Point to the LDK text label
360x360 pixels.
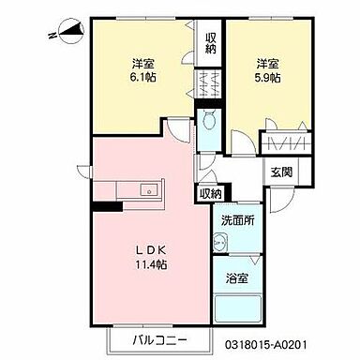144,251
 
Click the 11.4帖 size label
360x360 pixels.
144,266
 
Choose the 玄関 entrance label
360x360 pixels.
280,172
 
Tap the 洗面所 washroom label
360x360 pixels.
238,220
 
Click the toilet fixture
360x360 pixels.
207,120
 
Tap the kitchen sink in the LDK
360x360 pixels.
148,189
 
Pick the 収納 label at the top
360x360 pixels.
212,42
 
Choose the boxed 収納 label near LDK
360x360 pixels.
209,193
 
